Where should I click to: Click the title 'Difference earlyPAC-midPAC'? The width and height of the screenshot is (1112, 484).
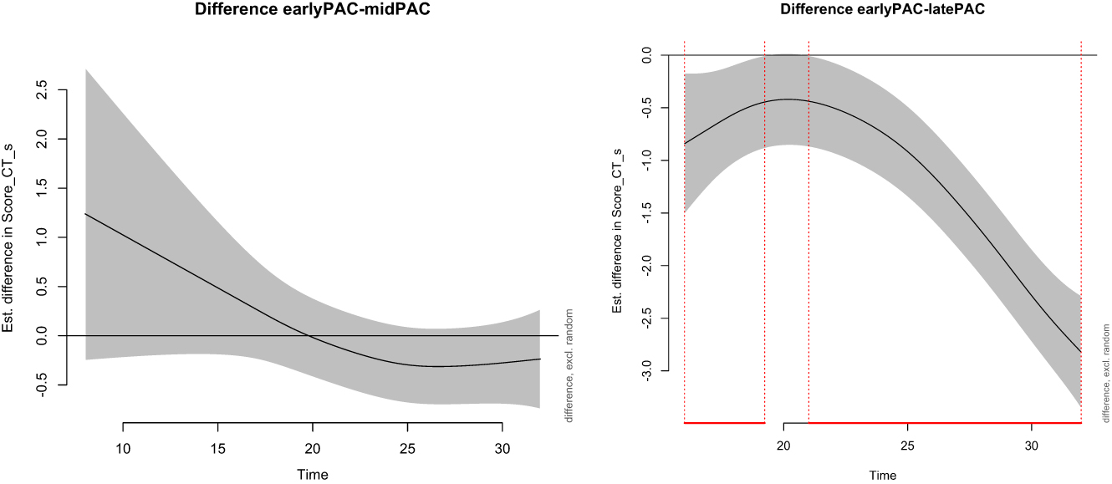click(x=314, y=11)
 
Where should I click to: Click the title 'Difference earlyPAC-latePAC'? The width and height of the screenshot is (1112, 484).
click(x=883, y=11)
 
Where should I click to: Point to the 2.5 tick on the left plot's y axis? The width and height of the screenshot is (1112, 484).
click(x=63, y=89)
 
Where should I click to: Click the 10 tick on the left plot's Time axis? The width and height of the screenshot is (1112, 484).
click(x=123, y=423)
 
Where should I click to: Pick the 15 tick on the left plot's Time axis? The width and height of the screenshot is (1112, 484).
click(x=217, y=423)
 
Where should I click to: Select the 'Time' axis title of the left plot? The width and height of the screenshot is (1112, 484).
click(x=313, y=475)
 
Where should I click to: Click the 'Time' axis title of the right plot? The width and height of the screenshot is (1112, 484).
click(x=882, y=475)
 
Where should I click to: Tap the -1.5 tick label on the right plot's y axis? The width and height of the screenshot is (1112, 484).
click(x=645, y=213)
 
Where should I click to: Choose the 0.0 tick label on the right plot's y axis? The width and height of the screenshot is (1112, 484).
click(x=645, y=55)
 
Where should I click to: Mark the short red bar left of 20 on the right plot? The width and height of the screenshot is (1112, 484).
click(x=724, y=423)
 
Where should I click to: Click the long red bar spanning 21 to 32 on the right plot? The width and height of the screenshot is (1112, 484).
click(x=945, y=423)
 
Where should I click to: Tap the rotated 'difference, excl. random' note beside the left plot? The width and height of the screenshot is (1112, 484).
click(x=569, y=365)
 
